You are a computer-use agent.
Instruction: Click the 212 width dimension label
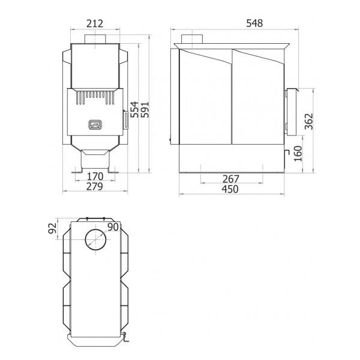coord(95,23)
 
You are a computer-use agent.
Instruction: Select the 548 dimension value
coord(254,23)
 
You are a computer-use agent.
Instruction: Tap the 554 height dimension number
coord(135,109)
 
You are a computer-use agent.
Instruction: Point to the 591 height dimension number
coord(145,109)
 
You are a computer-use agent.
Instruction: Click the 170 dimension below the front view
coord(95,176)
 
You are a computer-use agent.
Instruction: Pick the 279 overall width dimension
coord(95,187)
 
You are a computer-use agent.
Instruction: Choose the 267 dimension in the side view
coord(231,179)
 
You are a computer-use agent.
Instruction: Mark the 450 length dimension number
coord(230,189)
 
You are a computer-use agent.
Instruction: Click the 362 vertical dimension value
coord(309,121)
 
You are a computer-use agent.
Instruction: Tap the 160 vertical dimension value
coord(298,154)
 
